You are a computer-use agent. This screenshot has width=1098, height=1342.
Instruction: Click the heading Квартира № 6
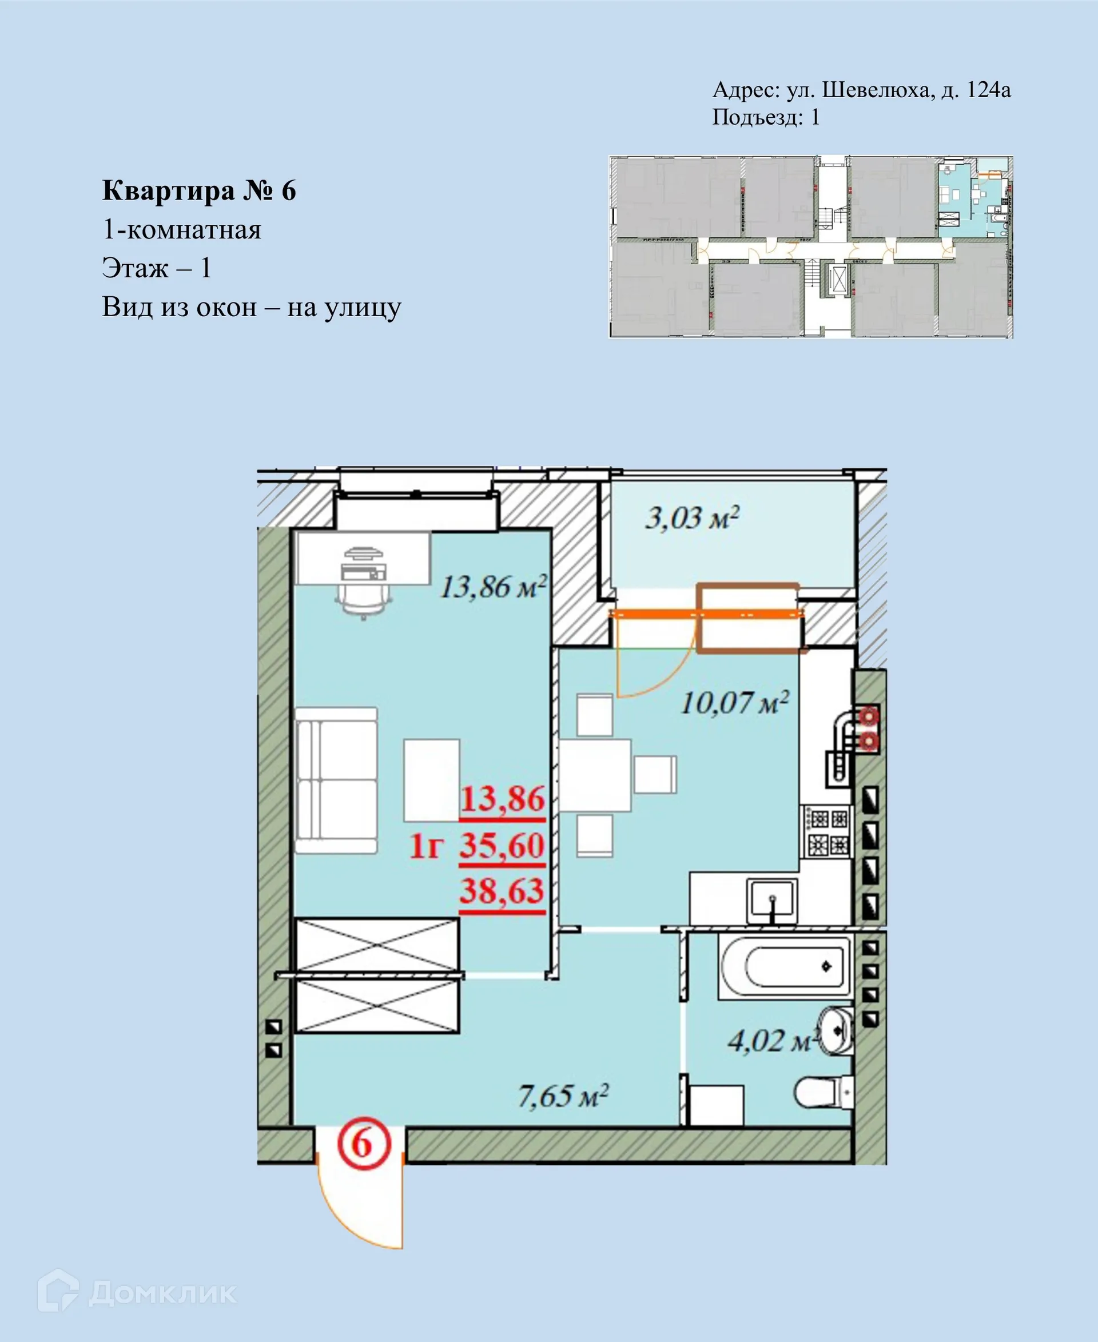click(198, 190)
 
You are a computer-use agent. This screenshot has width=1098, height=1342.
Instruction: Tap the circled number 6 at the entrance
click(364, 1144)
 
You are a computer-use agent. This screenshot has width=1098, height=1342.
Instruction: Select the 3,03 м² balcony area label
click(692, 518)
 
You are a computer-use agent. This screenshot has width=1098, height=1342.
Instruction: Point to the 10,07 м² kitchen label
click(734, 703)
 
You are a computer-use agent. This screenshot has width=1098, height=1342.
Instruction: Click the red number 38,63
click(502, 891)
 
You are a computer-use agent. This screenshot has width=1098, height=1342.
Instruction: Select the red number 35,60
click(502, 846)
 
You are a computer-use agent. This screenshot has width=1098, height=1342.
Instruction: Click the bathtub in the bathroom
click(784, 966)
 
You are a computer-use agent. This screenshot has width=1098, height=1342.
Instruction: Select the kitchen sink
click(771, 900)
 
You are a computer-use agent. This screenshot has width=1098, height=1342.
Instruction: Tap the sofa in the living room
click(336, 780)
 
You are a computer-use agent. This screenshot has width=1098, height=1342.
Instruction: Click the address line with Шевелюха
click(861, 90)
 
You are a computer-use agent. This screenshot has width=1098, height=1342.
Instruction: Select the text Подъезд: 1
click(765, 117)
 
